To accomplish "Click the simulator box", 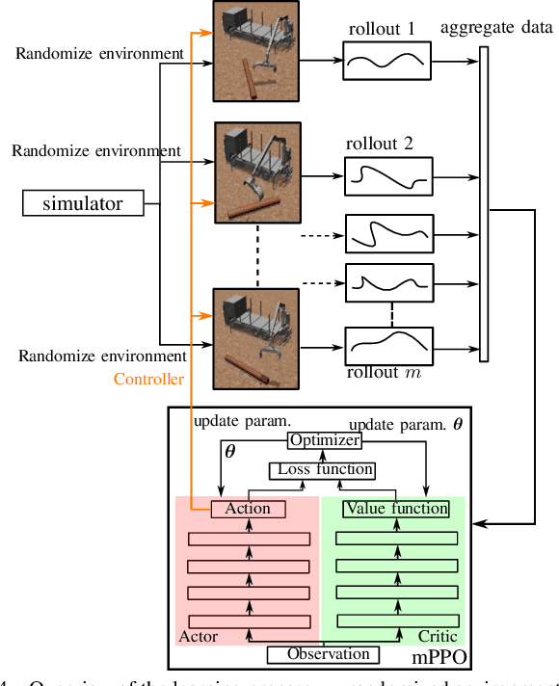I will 85,202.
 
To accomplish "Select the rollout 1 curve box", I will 384,66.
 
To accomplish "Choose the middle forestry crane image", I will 254,172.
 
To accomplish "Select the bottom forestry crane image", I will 254,332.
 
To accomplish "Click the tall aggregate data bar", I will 483,204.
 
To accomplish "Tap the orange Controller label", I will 148,380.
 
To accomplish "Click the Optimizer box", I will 324,440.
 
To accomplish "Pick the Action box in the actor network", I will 247,509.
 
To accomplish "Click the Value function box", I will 396,509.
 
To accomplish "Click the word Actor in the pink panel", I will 200,637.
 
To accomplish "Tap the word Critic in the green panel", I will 437,637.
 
